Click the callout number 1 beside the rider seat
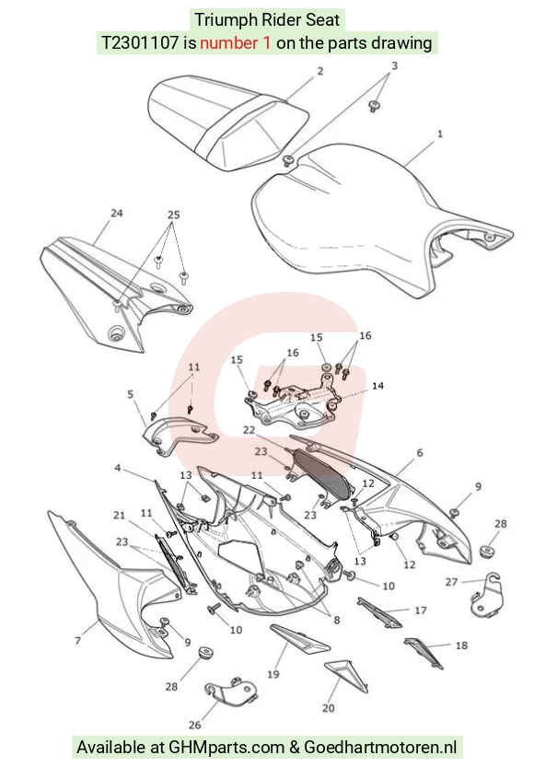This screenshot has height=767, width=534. pos(439,133)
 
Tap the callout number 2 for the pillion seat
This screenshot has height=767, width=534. pos(320,71)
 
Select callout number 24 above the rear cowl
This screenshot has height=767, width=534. pos(116,213)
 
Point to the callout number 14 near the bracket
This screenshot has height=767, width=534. pos(377,386)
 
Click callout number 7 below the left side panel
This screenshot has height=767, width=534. pos(77,640)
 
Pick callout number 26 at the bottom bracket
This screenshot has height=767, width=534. pos(194,725)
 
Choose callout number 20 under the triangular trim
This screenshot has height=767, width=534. pos(329,707)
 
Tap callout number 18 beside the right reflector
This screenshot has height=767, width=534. pos(461,645)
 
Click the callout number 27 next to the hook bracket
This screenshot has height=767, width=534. pos(451,582)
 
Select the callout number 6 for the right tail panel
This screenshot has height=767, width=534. pos(420,453)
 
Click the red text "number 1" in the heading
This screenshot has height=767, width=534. pos(235,43)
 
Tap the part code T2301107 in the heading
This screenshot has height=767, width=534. pos(139,43)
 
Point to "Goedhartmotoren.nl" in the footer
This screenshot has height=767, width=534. pos(380,747)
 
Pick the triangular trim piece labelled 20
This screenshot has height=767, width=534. pos(346,675)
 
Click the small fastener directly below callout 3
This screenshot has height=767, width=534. pos(374,106)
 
